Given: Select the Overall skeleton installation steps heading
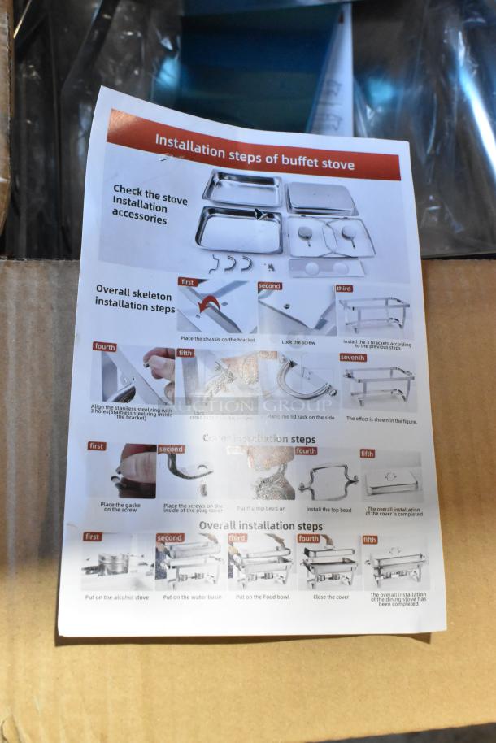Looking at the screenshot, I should click(x=135, y=298).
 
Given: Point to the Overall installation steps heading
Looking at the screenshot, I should click(x=260, y=526).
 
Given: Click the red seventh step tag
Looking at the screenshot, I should click(x=352, y=358).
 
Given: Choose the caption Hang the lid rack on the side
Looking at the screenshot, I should click(x=301, y=417).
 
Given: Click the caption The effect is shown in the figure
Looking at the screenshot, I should click(x=381, y=419).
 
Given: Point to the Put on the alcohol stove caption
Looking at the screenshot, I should click(x=116, y=597).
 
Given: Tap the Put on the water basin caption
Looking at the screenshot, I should click(x=192, y=597).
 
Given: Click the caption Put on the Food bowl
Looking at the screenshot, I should click(x=262, y=597).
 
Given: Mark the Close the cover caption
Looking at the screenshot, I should click(x=331, y=597).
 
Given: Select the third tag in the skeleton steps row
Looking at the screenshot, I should click(x=344, y=289).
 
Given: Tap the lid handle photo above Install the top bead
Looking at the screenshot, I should click(x=328, y=481).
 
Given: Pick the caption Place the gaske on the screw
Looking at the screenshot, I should click(x=123, y=506).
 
